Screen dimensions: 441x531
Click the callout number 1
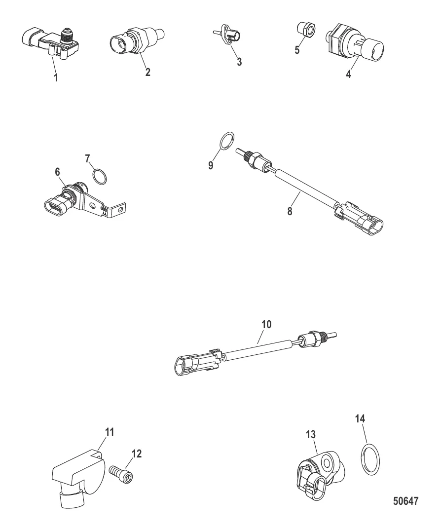pos(56,77)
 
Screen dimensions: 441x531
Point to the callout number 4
pos(349,74)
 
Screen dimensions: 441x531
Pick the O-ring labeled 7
pos(100,177)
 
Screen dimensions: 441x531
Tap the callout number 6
pos(57,172)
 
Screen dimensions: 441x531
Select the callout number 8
pos(290,211)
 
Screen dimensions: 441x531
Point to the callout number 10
pos(267,324)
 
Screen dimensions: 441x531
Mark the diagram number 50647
pos(405,501)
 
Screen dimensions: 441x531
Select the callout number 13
pos(310,434)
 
